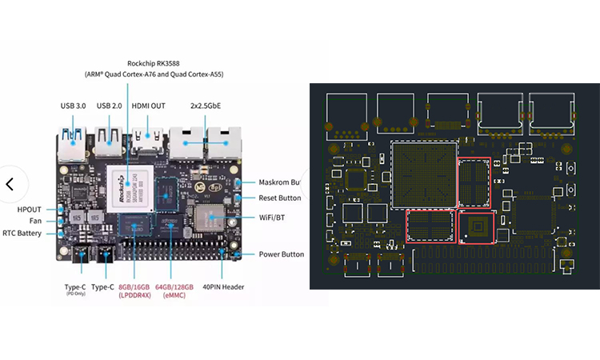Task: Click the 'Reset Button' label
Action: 280,198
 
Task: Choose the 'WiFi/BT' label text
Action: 274,217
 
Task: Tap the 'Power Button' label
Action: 281,254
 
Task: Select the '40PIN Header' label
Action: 224,286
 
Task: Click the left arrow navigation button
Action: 10,183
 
